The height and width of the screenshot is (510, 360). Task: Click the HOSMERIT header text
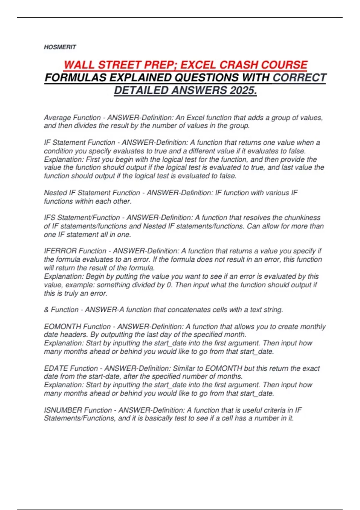pyautogui.click(x=60, y=47)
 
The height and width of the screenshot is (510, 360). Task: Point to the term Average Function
pyautogui.click(x=72, y=118)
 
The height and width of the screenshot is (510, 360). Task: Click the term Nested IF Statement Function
pyautogui.click(x=92, y=193)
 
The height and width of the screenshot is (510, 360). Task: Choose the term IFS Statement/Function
pyautogui.click(x=82, y=217)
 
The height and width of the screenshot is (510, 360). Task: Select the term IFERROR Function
pyautogui.click(x=75, y=251)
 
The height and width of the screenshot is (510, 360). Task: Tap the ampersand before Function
pyautogui.click(x=46, y=310)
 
